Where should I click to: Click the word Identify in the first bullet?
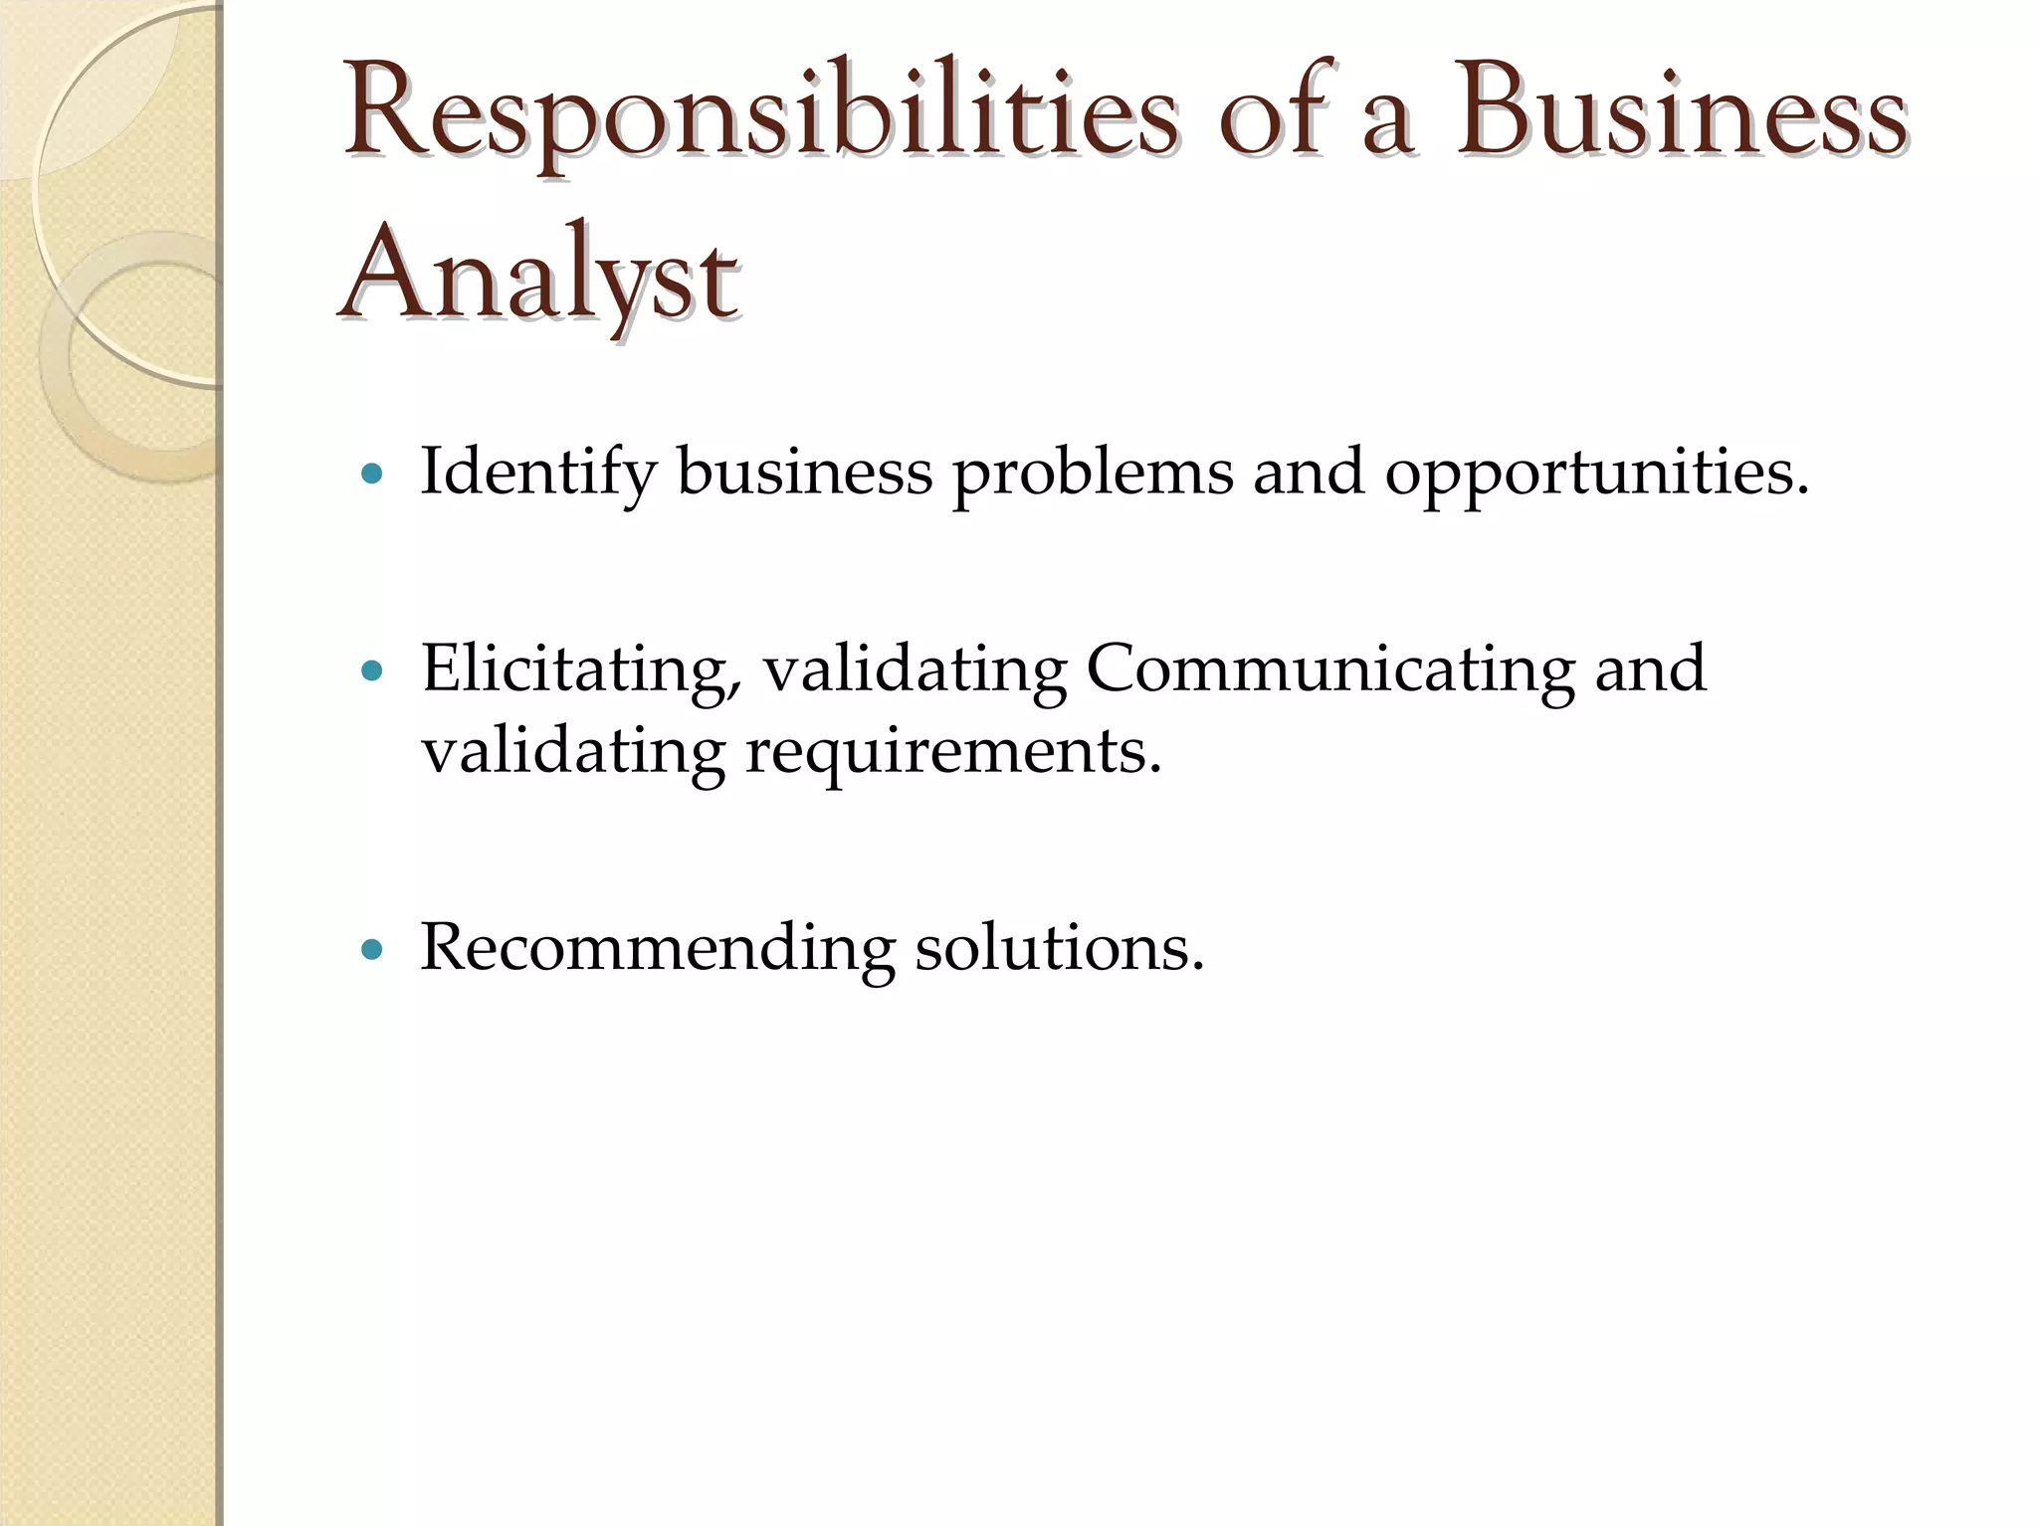(x=537, y=473)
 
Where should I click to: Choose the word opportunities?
(x=1596, y=473)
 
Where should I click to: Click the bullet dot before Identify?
(x=372, y=476)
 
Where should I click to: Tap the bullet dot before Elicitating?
(x=372, y=671)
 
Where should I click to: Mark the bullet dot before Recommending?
(x=372, y=950)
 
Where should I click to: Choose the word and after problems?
(x=1308, y=473)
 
